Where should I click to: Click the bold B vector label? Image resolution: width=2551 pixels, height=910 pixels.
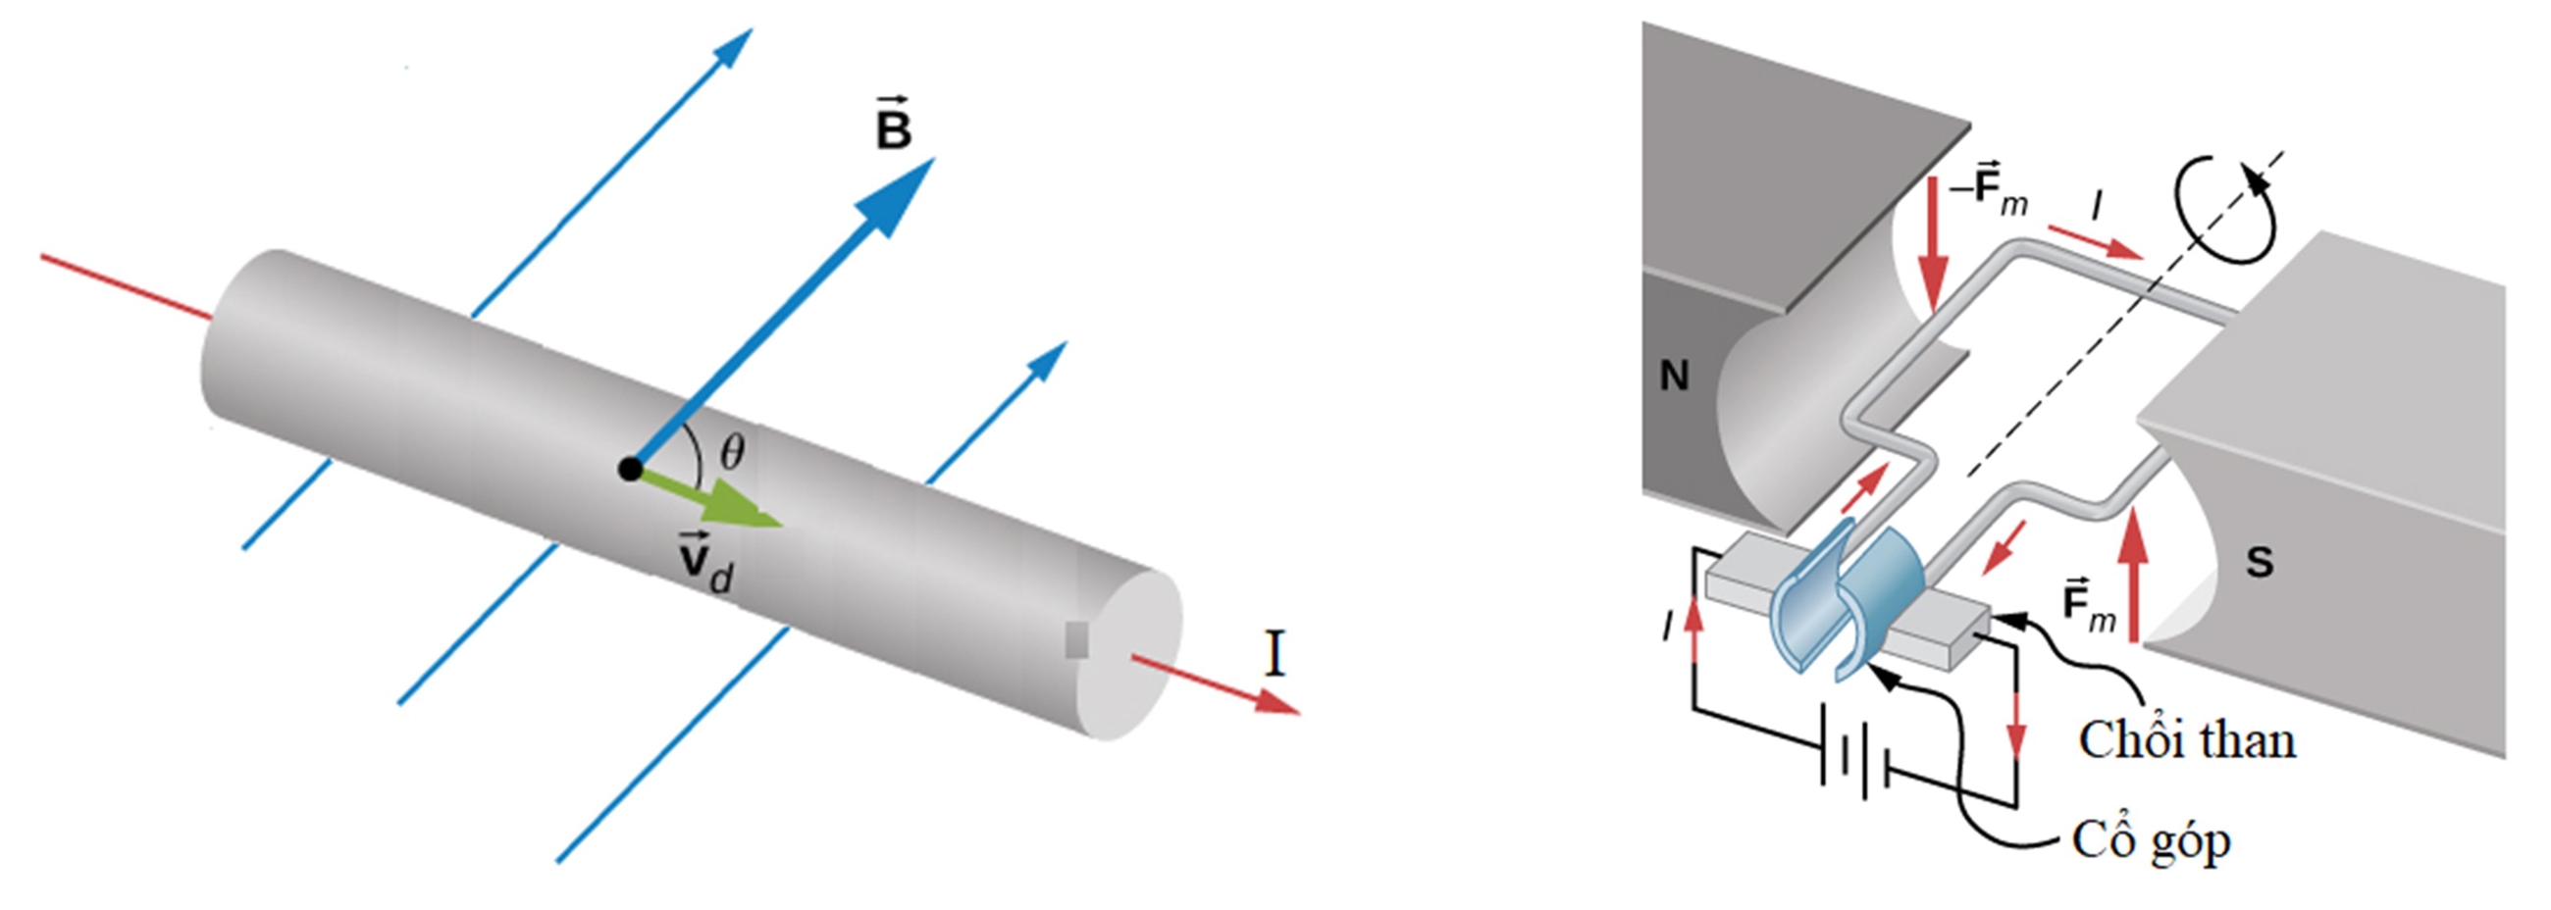pyautogui.click(x=893, y=126)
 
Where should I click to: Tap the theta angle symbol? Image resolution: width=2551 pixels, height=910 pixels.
pyautogui.click(x=732, y=453)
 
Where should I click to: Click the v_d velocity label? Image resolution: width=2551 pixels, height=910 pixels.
pyautogui.click(x=704, y=564)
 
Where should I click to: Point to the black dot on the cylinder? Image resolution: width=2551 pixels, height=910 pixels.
pyautogui.click(x=629, y=469)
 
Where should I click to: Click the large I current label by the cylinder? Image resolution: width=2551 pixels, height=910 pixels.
pyautogui.click(x=1275, y=654)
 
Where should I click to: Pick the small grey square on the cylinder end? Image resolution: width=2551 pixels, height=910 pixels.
pyautogui.click(x=1076, y=639)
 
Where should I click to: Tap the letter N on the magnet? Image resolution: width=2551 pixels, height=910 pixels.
pyautogui.click(x=1674, y=377)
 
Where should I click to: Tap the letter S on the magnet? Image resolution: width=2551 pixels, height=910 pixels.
pyautogui.click(x=2259, y=563)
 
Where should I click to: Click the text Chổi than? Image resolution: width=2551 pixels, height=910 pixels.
pyautogui.click(x=2187, y=739)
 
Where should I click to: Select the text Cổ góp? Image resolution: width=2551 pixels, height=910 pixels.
pyautogui.click(x=2150, y=840)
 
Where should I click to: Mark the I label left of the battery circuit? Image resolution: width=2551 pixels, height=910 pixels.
pyautogui.click(x=1669, y=626)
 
